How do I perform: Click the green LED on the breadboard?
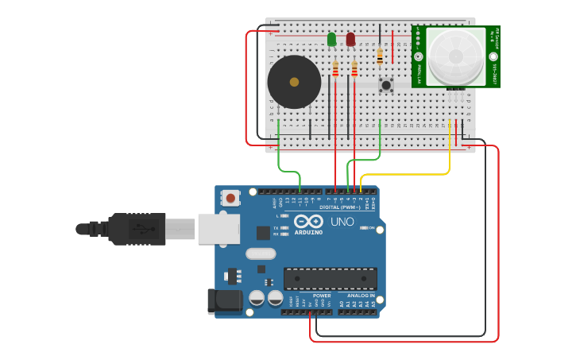[331, 39]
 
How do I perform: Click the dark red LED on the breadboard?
[350, 39]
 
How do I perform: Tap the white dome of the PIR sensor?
[455, 56]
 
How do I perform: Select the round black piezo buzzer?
[294, 82]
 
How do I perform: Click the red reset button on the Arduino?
[230, 198]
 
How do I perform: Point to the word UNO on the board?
[342, 222]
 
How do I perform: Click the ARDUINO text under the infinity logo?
[308, 233]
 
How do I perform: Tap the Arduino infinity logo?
[308, 222]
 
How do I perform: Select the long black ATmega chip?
[331, 279]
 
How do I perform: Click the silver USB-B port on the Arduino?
[218, 229]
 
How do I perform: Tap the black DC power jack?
[224, 300]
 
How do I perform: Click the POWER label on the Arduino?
[322, 296]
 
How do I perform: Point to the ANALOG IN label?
[361, 296]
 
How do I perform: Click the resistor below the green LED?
[335, 69]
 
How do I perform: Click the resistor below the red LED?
[354, 69]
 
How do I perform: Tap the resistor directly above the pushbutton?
[380, 56]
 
